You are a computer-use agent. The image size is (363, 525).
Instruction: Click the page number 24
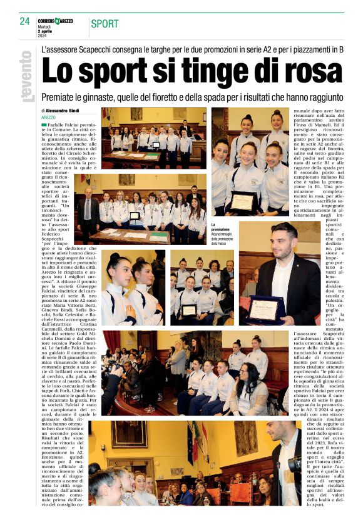(24, 21)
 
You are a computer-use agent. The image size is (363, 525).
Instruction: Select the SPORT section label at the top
(105, 24)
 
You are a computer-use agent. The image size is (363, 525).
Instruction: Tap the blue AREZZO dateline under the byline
(49, 117)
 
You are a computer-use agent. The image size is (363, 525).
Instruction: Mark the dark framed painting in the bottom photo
(128, 434)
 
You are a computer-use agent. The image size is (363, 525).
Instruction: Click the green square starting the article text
(44, 126)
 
